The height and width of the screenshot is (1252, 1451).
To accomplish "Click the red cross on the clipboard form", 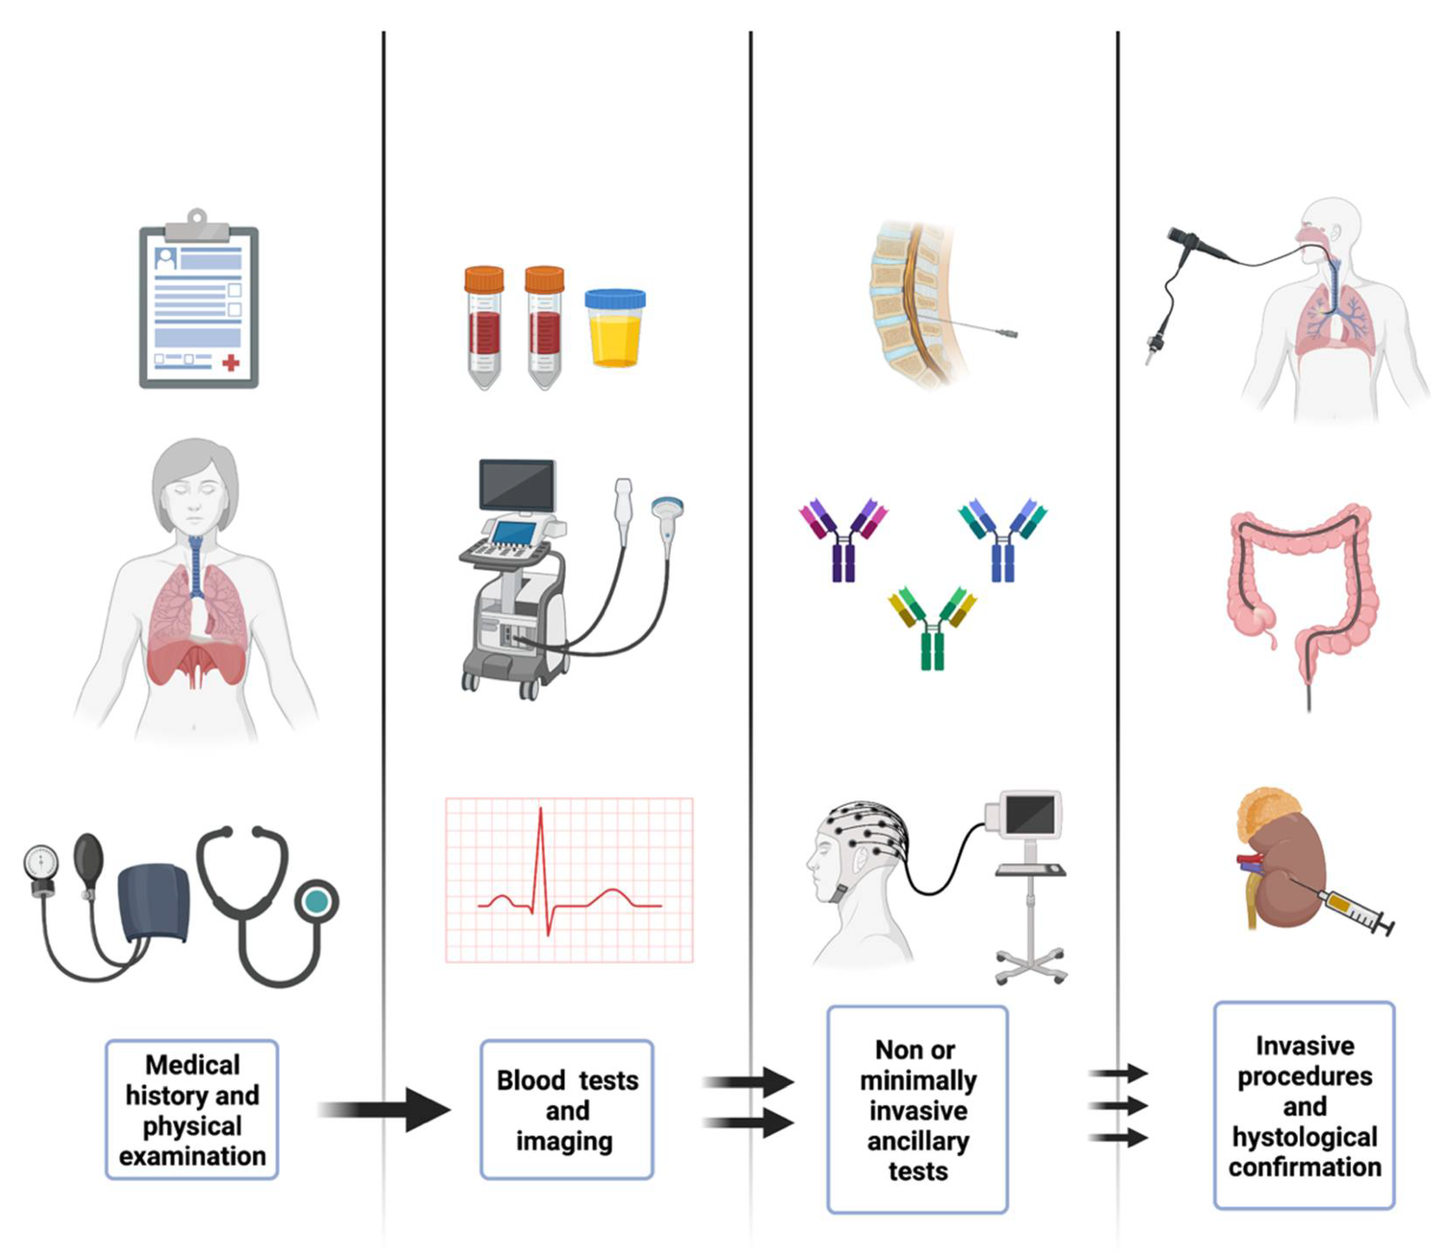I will tap(230, 363).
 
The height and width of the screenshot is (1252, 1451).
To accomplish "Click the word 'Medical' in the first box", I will tap(193, 1065).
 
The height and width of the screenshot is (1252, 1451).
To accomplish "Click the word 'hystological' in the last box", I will tap(1304, 1137).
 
